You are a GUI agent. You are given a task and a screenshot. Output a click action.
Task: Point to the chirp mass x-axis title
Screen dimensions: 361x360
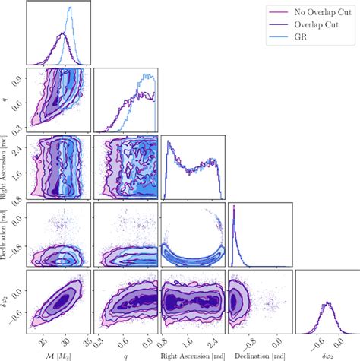[58, 354]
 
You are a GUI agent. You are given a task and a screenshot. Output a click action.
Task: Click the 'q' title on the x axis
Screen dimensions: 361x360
[125, 354]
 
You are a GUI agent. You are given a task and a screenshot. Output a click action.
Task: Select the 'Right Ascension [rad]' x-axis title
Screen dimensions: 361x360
[192, 353]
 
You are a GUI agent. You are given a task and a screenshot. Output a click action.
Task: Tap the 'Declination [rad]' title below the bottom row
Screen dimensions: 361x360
[259, 353]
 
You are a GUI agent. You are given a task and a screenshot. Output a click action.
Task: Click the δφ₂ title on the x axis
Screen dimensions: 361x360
[327, 354]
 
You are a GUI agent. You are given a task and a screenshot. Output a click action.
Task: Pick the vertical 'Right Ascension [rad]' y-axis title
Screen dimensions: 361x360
[6, 167]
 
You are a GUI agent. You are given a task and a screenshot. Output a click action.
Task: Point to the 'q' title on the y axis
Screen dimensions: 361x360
[6, 100]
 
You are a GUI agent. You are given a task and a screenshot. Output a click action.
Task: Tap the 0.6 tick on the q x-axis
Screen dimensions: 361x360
[123, 342]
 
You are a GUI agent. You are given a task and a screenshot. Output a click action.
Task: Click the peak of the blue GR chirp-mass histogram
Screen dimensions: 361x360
[70, 8]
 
